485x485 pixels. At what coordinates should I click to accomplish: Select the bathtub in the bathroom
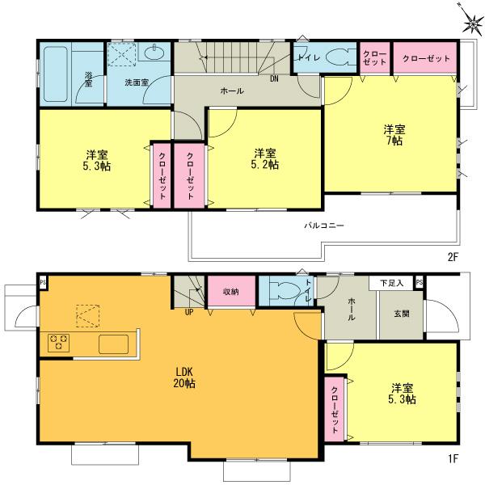56,73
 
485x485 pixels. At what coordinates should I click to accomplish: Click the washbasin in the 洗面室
154,54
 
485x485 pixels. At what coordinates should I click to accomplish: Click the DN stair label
274,78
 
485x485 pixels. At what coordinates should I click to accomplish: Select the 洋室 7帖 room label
394,135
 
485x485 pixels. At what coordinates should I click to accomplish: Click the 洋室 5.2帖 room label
265,158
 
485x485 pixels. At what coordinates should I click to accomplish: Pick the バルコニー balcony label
325,226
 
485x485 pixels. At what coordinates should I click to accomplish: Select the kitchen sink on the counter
113,344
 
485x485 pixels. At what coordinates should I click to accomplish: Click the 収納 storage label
230,292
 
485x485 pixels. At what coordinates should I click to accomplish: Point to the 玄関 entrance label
400,314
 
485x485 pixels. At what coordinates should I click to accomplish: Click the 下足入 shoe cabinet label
392,284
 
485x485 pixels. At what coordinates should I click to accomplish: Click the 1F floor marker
453,459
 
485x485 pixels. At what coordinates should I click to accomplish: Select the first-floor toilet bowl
285,291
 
